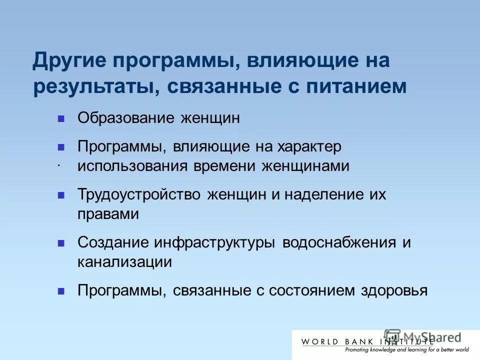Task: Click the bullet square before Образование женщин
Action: click(61, 119)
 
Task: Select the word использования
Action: click(131, 166)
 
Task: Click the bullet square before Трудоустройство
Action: click(61, 195)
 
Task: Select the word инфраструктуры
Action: click(214, 243)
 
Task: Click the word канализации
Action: click(124, 262)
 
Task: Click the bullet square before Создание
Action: click(61, 243)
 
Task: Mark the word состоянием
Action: click(312, 291)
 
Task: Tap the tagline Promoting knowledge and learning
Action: click(385, 350)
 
